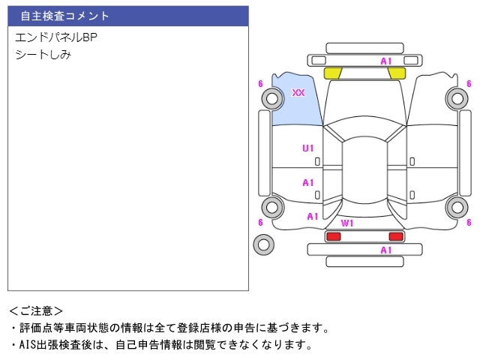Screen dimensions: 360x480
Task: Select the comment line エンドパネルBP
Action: click(x=56, y=37)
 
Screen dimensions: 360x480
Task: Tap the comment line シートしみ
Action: click(x=43, y=54)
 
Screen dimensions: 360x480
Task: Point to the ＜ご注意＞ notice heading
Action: click(x=36, y=310)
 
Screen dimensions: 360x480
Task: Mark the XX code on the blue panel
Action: click(x=298, y=92)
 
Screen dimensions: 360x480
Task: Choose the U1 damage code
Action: click(x=308, y=148)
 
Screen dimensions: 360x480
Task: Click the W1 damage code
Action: click(x=347, y=223)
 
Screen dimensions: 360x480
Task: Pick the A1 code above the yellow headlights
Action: click(x=386, y=61)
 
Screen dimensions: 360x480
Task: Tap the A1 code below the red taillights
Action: click(x=386, y=250)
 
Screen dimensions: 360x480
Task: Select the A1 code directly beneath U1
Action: click(x=308, y=182)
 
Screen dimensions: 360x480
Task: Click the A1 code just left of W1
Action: click(x=313, y=217)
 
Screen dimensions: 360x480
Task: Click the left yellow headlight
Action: click(x=332, y=73)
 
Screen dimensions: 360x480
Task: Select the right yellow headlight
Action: click(x=397, y=73)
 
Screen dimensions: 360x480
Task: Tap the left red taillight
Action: click(x=333, y=236)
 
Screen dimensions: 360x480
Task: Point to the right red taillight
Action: click(x=395, y=236)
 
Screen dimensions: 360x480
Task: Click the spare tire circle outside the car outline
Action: click(x=264, y=244)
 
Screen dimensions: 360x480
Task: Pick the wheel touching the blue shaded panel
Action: click(x=272, y=97)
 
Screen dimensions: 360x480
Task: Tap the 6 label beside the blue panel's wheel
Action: click(x=260, y=83)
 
